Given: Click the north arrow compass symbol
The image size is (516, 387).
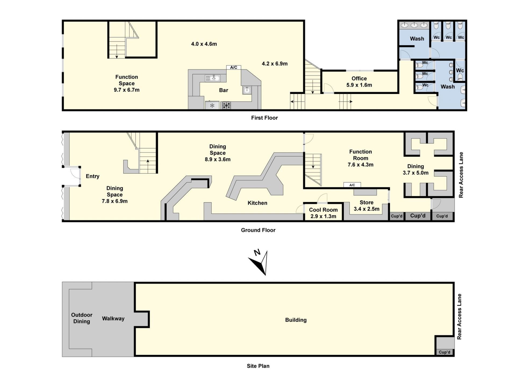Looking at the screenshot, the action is coord(259,262).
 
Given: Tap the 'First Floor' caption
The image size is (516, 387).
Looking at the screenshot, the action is coord(264,118).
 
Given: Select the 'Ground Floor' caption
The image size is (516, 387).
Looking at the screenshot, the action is coord(258,230).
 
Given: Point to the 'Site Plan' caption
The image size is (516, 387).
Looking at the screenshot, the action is coord(258,366).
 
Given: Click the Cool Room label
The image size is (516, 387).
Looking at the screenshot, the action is coord(323,213).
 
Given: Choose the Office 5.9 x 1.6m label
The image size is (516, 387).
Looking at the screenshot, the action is coord(359,82).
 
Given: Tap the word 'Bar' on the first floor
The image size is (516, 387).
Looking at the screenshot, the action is coord(224,90).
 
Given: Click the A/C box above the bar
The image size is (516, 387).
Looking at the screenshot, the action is coord(234,67).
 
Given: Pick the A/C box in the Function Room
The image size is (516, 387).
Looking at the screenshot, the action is coord(352,185).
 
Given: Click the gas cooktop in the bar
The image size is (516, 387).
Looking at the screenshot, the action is coord(226,105).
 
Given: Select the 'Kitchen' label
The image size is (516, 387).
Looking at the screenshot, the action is coord(257,203).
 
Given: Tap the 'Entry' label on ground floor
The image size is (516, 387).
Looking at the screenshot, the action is coord(92,176).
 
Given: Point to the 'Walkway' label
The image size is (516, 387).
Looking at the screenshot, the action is coord(113,319).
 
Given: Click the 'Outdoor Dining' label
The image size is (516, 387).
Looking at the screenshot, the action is coord(82,318).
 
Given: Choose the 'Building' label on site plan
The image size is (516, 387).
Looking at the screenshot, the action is coord(296,320).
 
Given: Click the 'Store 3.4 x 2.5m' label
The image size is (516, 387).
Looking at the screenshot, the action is coord(367,206).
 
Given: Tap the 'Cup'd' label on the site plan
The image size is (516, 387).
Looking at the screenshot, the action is coord(445,352).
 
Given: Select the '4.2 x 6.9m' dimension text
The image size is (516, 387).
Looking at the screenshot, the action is coord(275,64).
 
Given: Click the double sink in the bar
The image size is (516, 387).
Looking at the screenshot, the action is coord(213,78).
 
